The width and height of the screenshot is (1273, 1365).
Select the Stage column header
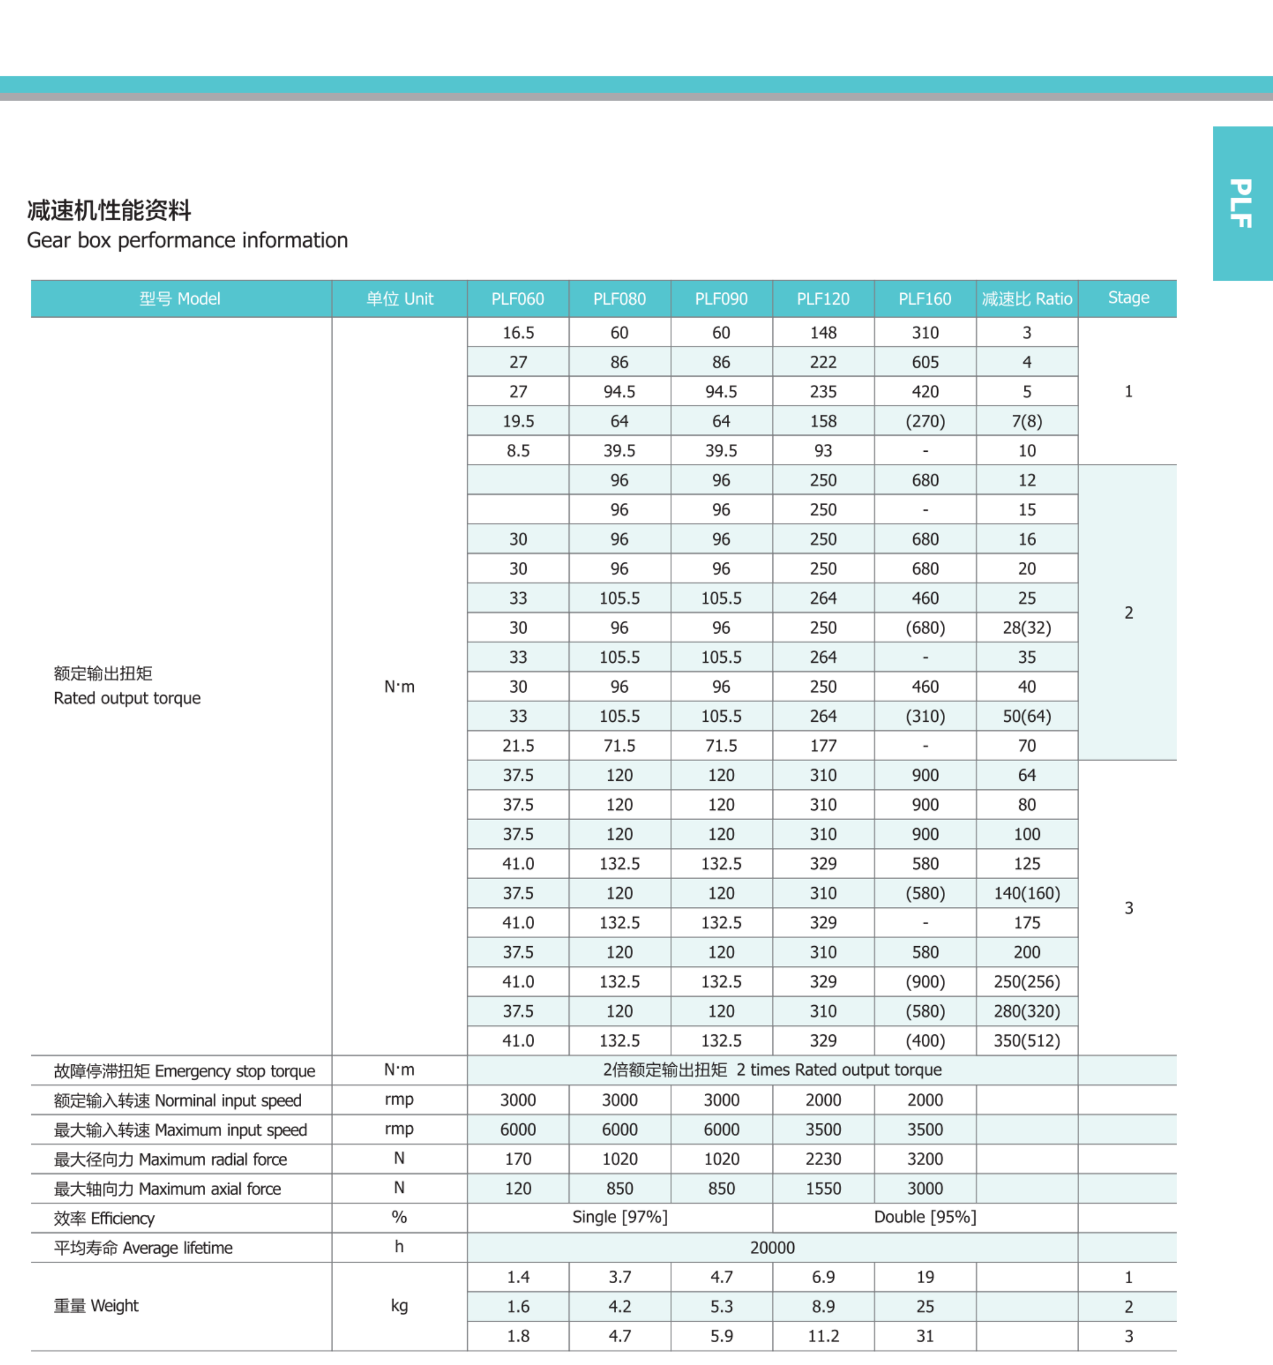pyautogui.click(x=1128, y=297)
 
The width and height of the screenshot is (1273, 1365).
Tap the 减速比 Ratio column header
pyautogui.click(x=1026, y=299)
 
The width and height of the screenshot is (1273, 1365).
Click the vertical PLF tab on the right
pyautogui.click(x=1241, y=203)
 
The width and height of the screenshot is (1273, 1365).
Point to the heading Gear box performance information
pyautogui.click(x=187, y=240)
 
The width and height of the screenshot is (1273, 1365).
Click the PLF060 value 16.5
pyautogui.click(x=518, y=333)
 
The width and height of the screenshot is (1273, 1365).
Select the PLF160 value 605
pyautogui.click(x=925, y=363)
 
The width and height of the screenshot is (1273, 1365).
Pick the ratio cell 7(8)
pyautogui.click(x=1026, y=422)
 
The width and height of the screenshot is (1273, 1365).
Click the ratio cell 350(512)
pyautogui.click(x=1026, y=1041)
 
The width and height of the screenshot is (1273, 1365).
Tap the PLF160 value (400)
pyautogui.click(x=925, y=1041)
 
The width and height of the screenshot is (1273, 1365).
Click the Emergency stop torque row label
pyautogui.click(x=184, y=1071)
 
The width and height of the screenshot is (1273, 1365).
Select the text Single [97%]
pyautogui.click(x=619, y=1217)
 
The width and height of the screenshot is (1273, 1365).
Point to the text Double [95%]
pyautogui.click(x=925, y=1217)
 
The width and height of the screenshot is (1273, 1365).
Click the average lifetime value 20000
pyautogui.click(x=772, y=1247)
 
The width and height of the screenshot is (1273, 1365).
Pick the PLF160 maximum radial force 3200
pyautogui.click(x=925, y=1159)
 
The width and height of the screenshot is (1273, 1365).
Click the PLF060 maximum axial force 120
pyautogui.click(x=518, y=1188)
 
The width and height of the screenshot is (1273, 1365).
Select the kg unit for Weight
pyautogui.click(x=399, y=1305)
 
